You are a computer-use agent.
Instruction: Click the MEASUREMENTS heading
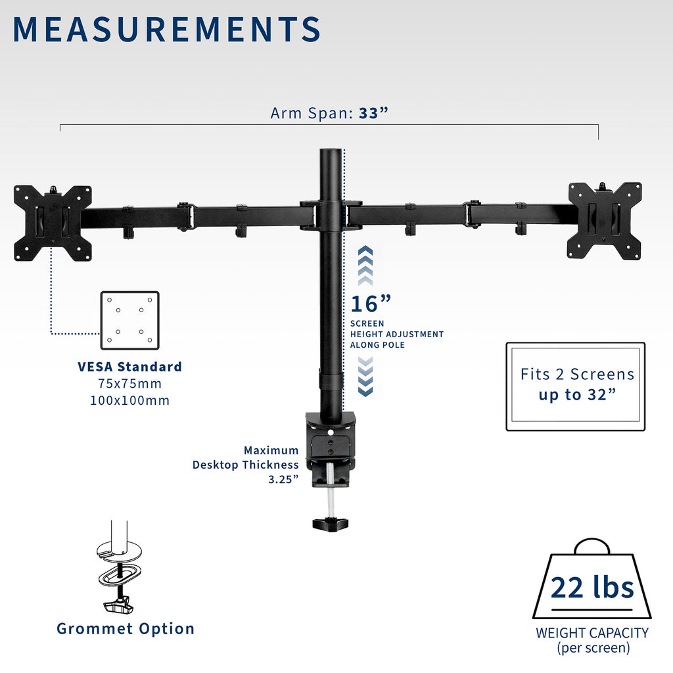[x=166, y=29]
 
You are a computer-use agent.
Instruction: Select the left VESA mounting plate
[x=53, y=223]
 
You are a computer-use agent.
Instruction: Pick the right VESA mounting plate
[x=605, y=221]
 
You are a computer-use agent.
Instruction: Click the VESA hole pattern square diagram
[x=129, y=321]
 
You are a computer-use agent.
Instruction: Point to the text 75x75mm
[x=129, y=383]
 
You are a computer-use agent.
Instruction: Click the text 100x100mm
[x=129, y=400]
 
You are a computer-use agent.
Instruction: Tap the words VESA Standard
[x=129, y=367]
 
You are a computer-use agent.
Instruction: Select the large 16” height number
[x=371, y=304]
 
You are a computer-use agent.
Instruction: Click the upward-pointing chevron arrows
[x=365, y=266]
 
